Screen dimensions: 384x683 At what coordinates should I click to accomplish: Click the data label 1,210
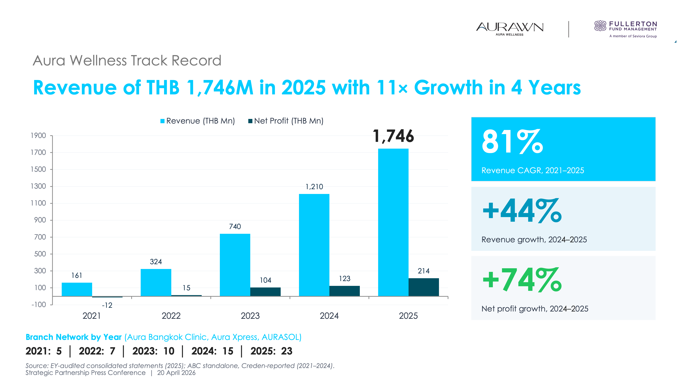[314, 187]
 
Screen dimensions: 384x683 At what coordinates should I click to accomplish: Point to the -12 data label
[107, 305]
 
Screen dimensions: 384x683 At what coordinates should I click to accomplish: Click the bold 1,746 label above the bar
[393, 136]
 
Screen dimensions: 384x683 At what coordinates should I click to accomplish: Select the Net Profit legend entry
[286, 121]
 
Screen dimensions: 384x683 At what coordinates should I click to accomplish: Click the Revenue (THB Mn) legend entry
[198, 121]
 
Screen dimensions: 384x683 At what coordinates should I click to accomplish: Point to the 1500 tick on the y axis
[38, 169]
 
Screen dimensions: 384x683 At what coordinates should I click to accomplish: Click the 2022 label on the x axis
[171, 316]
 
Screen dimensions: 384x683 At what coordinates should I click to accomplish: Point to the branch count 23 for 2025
[287, 351]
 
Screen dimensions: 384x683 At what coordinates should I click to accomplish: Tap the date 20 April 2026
[176, 373]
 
